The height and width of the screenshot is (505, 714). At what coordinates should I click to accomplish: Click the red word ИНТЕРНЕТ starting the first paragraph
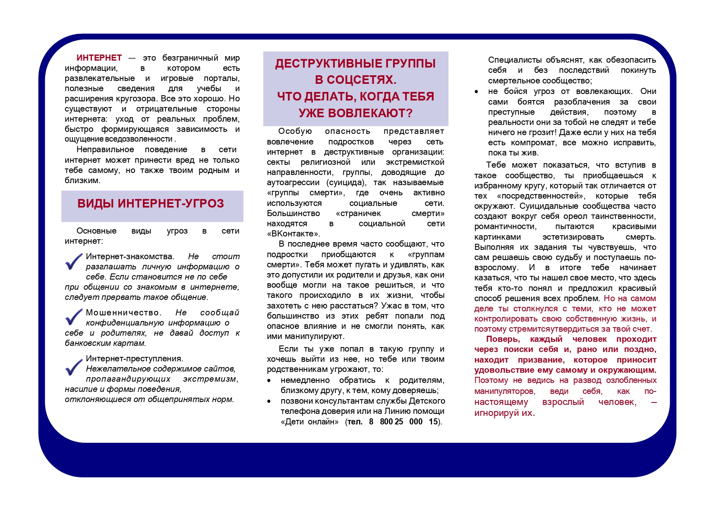click(x=99, y=58)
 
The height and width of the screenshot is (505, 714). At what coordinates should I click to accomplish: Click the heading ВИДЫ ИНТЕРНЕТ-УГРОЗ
click(x=151, y=203)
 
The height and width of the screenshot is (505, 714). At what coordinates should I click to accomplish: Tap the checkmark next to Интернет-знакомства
click(x=74, y=261)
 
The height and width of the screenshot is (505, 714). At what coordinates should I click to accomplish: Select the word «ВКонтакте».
click(x=293, y=234)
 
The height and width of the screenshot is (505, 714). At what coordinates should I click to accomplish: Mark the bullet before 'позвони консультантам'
click(x=269, y=402)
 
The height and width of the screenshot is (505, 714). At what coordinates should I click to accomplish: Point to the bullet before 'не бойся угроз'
click(x=476, y=92)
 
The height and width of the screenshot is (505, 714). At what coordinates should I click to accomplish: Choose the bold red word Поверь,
click(x=503, y=339)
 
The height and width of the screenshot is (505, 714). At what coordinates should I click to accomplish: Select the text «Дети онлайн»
click(x=310, y=422)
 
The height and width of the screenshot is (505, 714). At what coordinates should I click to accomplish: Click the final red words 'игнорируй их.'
click(x=504, y=413)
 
